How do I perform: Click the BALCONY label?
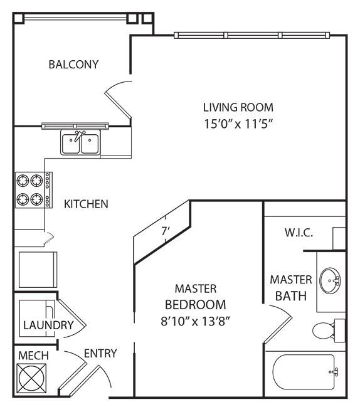[74, 65]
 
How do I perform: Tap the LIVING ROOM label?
[238, 107]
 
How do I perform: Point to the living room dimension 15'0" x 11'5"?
[239, 124]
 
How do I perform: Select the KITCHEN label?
[86, 204]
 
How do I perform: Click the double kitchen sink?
[80, 142]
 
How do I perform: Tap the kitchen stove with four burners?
[34, 190]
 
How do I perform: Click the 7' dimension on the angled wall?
[166, 231]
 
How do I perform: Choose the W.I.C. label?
[299, 233]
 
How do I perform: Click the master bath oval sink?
[330, 280]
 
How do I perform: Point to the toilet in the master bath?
[329, 330]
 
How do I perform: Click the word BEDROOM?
[196, 305]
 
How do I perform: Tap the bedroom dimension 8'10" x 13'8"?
[196, 321]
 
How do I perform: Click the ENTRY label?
[100, 353]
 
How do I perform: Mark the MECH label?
[33, 356]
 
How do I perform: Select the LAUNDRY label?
[48, 325]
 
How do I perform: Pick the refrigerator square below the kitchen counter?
[38, 270]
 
